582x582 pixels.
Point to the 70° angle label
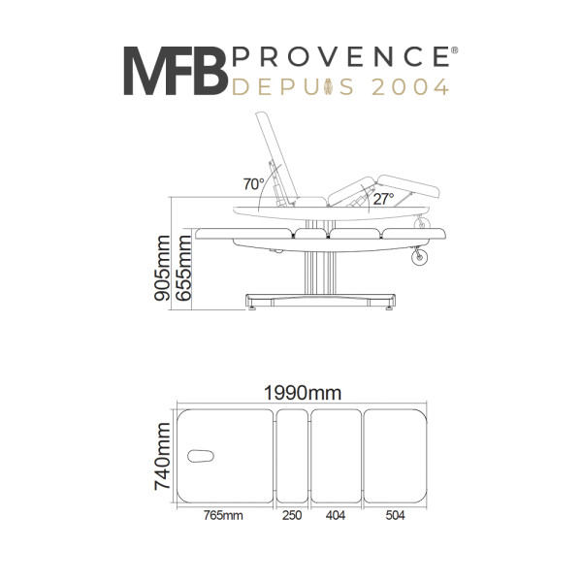253,183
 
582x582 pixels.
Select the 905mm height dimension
161,269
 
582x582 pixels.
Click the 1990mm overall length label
302,393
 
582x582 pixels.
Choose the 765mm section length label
222,515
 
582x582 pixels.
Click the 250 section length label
292,515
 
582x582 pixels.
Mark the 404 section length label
336,515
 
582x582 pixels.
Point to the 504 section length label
394,515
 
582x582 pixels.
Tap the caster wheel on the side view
421,257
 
